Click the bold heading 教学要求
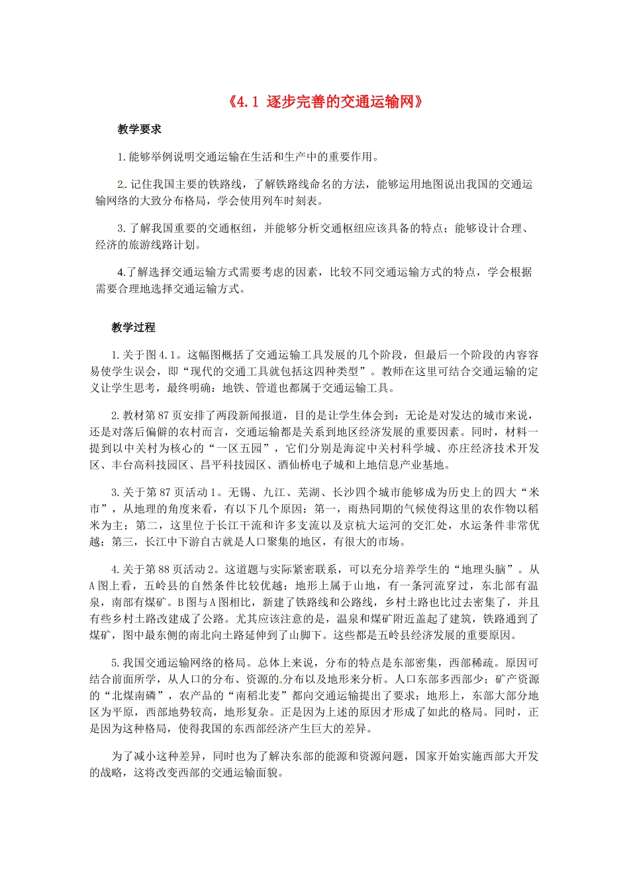(x=139, y=129)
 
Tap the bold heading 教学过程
(x=133, y=327)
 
